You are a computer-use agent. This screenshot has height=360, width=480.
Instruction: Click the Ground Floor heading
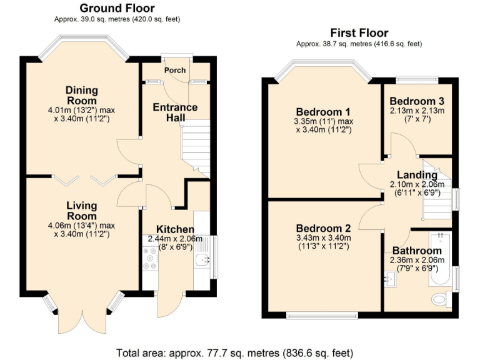tap(117, 8)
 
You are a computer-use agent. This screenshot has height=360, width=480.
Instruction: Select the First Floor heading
tap(359, 33)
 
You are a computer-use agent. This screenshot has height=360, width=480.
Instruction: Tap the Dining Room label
tap(81, 96)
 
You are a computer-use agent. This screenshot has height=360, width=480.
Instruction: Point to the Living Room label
tap(82, 211)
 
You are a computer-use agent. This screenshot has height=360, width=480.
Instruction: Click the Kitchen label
tap(175, 229)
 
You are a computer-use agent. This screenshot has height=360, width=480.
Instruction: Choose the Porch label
tap(175, 70)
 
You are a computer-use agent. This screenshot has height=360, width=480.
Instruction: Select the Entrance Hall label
tap(175, 112)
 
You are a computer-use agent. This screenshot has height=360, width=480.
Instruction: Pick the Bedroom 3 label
tap(417, 101)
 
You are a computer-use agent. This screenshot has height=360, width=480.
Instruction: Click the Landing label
tap(417, 175)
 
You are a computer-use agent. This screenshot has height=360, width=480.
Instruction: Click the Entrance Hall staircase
tap(195, 147)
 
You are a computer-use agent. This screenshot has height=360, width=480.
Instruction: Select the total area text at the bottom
tap(235, 352)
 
